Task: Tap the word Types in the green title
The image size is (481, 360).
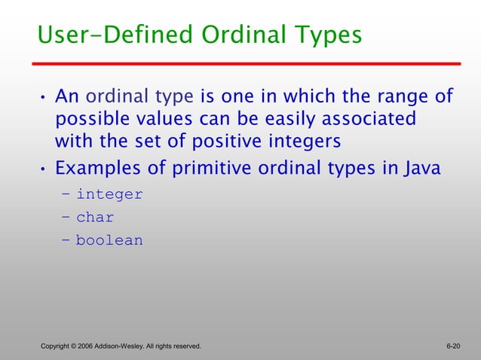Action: coord(324,35)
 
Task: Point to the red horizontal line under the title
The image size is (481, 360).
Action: coord(248,64)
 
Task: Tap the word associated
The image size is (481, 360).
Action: coord(372,119)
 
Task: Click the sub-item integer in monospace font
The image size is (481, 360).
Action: coord(109,194)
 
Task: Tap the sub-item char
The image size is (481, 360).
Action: coord(95,218)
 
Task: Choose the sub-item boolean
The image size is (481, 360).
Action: coord(109,241)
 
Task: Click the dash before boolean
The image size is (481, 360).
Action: coord(66,241)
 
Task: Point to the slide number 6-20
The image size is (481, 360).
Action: coord(453,346)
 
